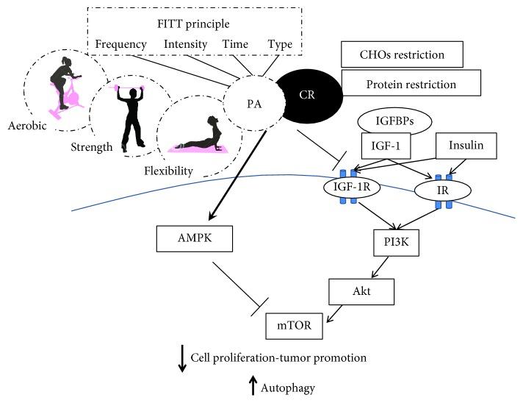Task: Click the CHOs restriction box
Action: pos(402,54)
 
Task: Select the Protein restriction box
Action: pos(409,85)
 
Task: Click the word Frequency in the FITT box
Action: pos(120,44)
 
